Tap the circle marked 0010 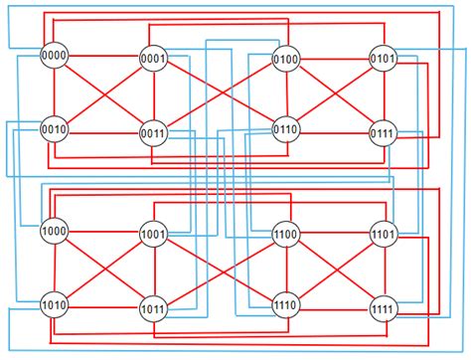coord(54,128)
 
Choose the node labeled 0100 coord(286,61)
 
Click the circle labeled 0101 coord(384,60)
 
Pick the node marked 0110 coord(286,130)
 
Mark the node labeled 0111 coord(384,132)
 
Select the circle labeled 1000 coord(54,233)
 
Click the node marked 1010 coord(54,303)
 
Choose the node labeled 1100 coord(286,236)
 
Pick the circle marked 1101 coord(384,236)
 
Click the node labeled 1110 coord(286,305)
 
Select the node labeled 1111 coord(384,306)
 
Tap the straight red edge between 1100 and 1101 coord(335,236)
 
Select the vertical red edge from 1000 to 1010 coord(54,269)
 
